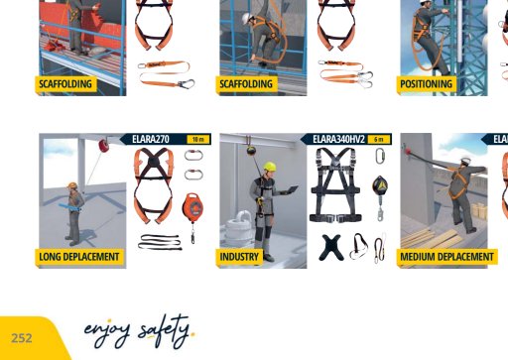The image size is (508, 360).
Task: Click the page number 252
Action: [x=22, y=338]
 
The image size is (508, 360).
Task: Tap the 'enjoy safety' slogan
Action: [x=139, y=331]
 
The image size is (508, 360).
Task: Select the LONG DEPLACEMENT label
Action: [x=79, y=257]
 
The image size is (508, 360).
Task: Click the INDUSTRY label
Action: [x=239, y=257]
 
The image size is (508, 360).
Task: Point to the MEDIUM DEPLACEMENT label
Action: [x=446, y=257]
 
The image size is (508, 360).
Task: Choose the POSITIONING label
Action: [x=426, y=84]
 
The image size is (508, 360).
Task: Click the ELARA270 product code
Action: [x=151, y=139]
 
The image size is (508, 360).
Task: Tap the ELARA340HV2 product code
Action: [x=338, y=139]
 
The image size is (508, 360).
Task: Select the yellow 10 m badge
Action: [x=198, y=140]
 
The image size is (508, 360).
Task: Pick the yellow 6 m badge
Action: [x=379, y=140]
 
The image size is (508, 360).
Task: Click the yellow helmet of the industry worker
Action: [x=270, y=166]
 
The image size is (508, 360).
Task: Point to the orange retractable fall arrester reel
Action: [x=192, y=207]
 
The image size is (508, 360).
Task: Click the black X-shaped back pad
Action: [x=331, y=247]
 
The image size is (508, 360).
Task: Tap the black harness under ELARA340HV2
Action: [x=335, y=185]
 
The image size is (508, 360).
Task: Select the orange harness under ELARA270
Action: [x=154, y=185]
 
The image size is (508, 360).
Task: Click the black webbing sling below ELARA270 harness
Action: [x=160, y=242]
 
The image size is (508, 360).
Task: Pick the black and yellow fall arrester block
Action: [x=380, y=186]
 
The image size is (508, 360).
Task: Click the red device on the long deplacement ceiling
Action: [x=103, y=146]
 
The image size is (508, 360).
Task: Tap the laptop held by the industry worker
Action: [x=292, y=189]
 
